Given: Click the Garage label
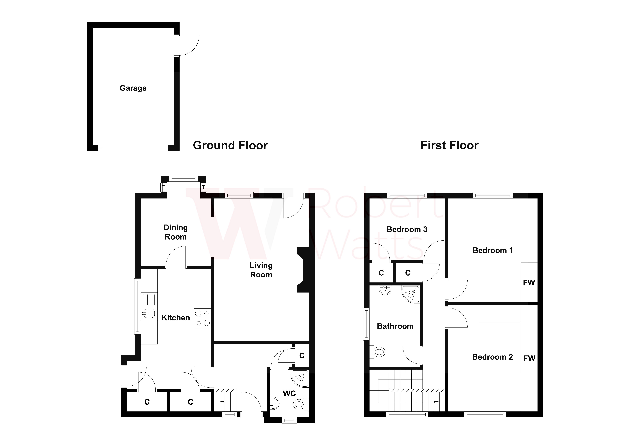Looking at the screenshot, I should coord(133,88).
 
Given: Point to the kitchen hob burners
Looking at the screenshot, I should coord(202,318).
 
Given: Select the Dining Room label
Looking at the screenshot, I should coord(176,232).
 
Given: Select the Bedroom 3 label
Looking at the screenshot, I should coord(407,229).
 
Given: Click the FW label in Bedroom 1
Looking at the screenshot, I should coord(529,283).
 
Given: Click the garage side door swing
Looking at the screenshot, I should coord(188,46).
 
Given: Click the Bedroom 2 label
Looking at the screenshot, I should coord(492,357).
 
